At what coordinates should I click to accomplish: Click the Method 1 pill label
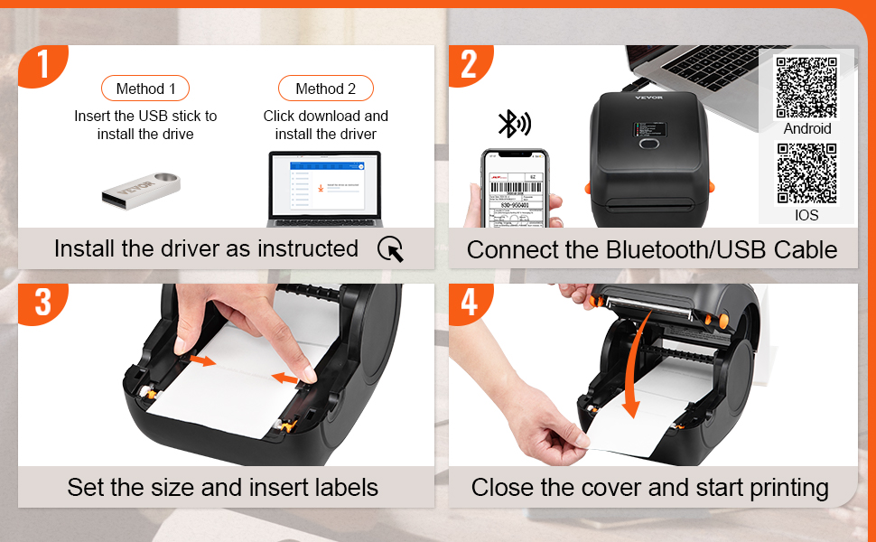tap(145, 89)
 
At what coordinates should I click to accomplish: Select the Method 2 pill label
tap(325, 89)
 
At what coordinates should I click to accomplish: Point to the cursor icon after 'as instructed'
tap(391, 249)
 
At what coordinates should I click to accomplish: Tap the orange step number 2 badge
tap(468, 65)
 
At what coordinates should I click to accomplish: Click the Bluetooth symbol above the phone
tap(514, 124)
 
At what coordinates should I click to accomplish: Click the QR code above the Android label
tap(806, 87)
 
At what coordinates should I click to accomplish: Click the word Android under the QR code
tap(806, 128)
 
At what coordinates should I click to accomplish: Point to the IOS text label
tap(806, 215)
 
